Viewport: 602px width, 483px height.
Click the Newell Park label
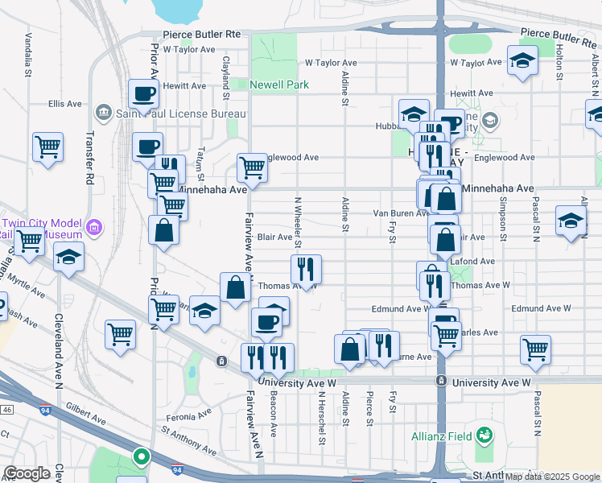point(278,85)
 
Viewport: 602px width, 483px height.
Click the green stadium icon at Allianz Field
point(484,436)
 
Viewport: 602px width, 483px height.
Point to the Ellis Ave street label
point(65,104)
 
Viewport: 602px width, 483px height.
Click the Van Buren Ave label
point(398,213)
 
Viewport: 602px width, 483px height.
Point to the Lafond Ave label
point(477,262)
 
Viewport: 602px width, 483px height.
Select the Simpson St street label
point(503,221)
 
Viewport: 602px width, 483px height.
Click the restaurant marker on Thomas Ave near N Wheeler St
point(306,269)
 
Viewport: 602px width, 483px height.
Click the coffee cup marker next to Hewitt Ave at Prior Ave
point(142,93)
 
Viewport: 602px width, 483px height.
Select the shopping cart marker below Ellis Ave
point(48,147)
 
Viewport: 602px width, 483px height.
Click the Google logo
point(27,473)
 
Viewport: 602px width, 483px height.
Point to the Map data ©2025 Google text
point(552,477)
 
